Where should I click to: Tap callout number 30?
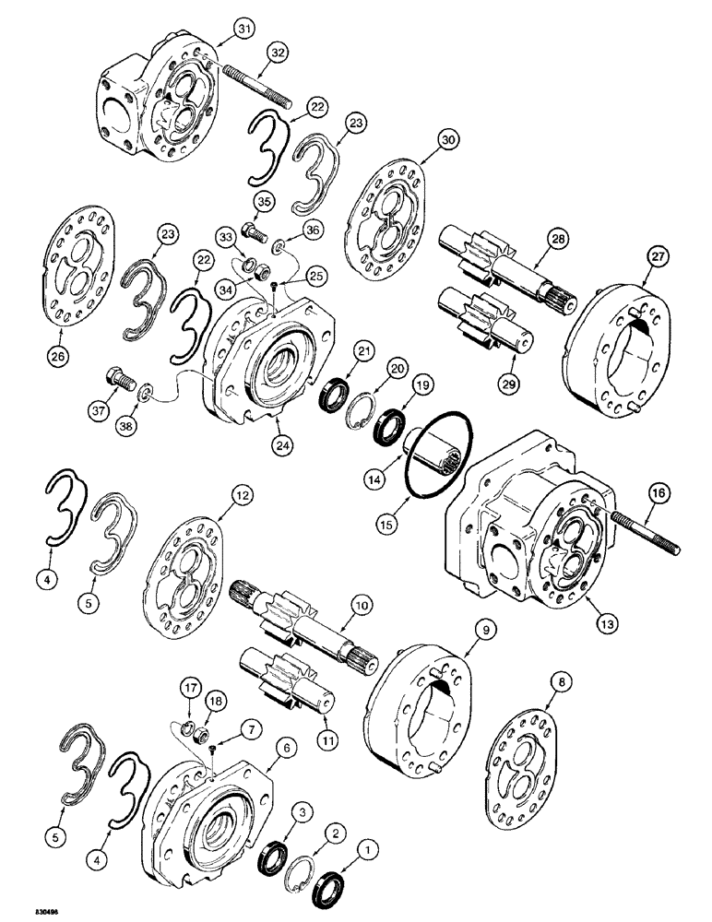tap(448, 140)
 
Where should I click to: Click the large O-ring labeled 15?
tap(438, 453)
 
